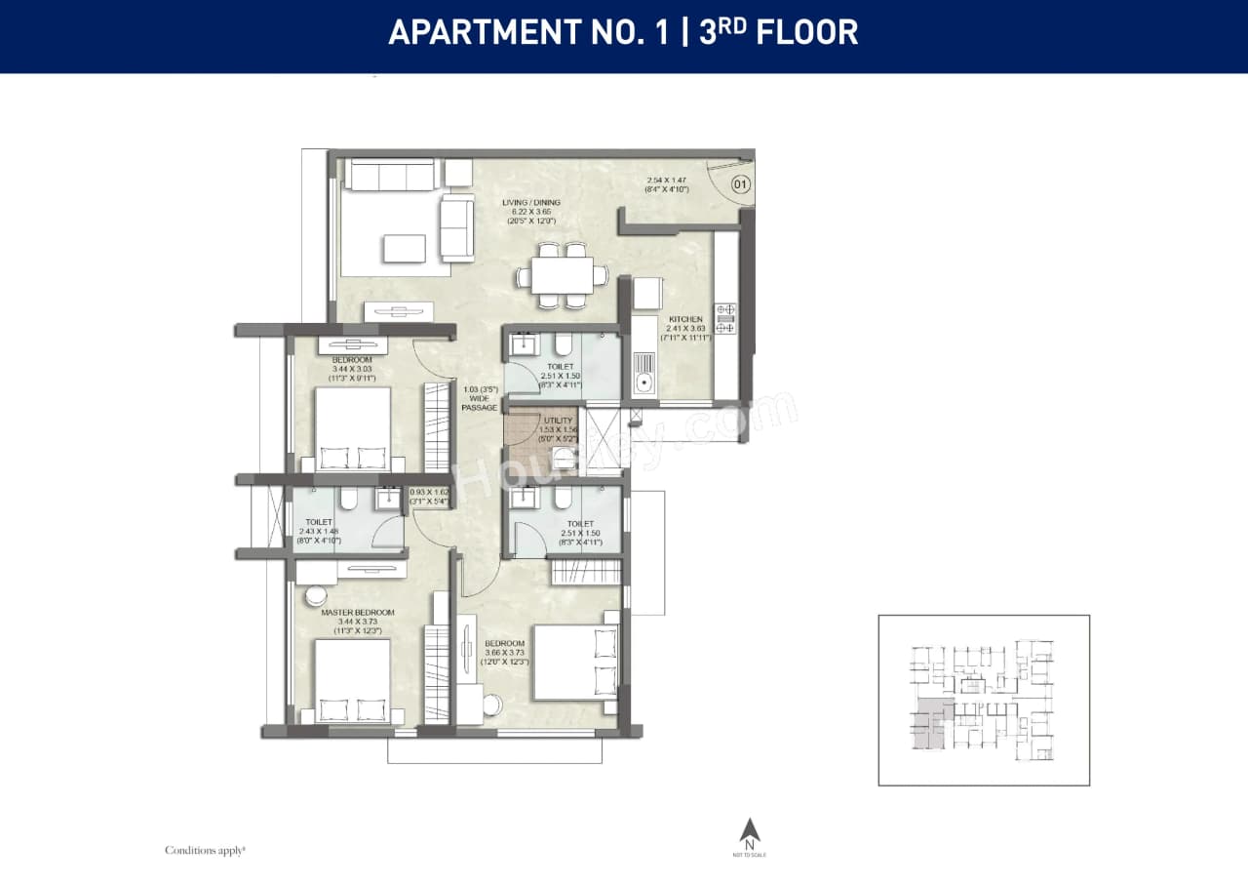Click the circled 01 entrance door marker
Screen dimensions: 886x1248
pos(741,183)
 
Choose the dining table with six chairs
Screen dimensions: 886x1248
pos(555,276)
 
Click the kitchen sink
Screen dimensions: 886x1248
pos(643,372)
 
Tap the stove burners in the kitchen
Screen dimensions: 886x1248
pos(725,319)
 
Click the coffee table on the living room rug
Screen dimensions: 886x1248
pos(405,248)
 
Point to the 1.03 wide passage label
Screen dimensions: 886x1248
pos(480,398)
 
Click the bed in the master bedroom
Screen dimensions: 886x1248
pos(352,679)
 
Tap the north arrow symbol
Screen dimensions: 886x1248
pos(749,829)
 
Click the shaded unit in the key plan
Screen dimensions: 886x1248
pos(928,723)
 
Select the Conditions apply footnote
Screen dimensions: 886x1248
pos(205,850)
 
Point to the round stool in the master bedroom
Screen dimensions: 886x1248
pos(317,596)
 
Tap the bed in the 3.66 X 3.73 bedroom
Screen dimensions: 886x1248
pos(575,664)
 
